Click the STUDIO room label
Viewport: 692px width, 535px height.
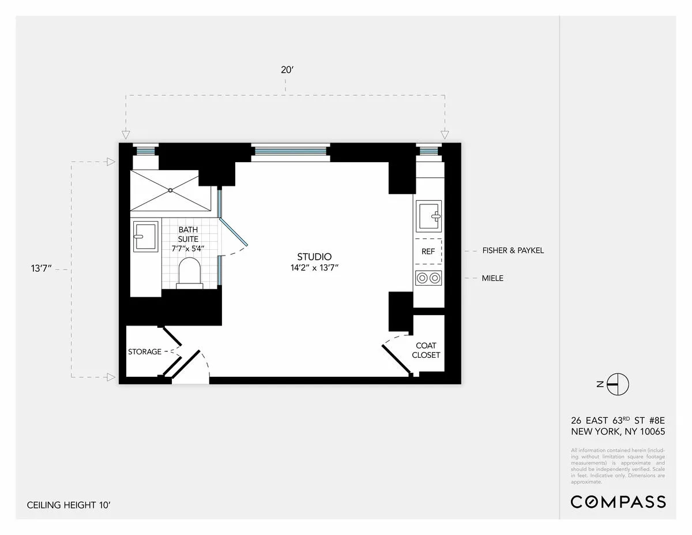pos(314,257)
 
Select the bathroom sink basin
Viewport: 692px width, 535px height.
pos(145,236)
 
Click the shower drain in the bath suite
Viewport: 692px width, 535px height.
pos(171,190)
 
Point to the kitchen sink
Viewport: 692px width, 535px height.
pos(428,216)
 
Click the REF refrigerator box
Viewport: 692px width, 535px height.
pos(428,252)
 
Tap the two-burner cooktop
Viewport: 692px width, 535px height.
pos(428,278)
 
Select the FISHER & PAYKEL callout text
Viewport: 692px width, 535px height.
pos(513,250)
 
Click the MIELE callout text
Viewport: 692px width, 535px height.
pos(492,278)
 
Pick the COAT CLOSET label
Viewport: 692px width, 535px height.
pos(426,350)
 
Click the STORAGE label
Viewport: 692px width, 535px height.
pos(145,351)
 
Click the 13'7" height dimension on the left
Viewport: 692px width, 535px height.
pos(43,269)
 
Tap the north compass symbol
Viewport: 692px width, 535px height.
pos(616,384)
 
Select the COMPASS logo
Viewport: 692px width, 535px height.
pos(618,502)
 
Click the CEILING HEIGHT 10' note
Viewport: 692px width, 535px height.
pos(68,505)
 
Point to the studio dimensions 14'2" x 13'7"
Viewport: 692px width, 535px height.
pos(314,268)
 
